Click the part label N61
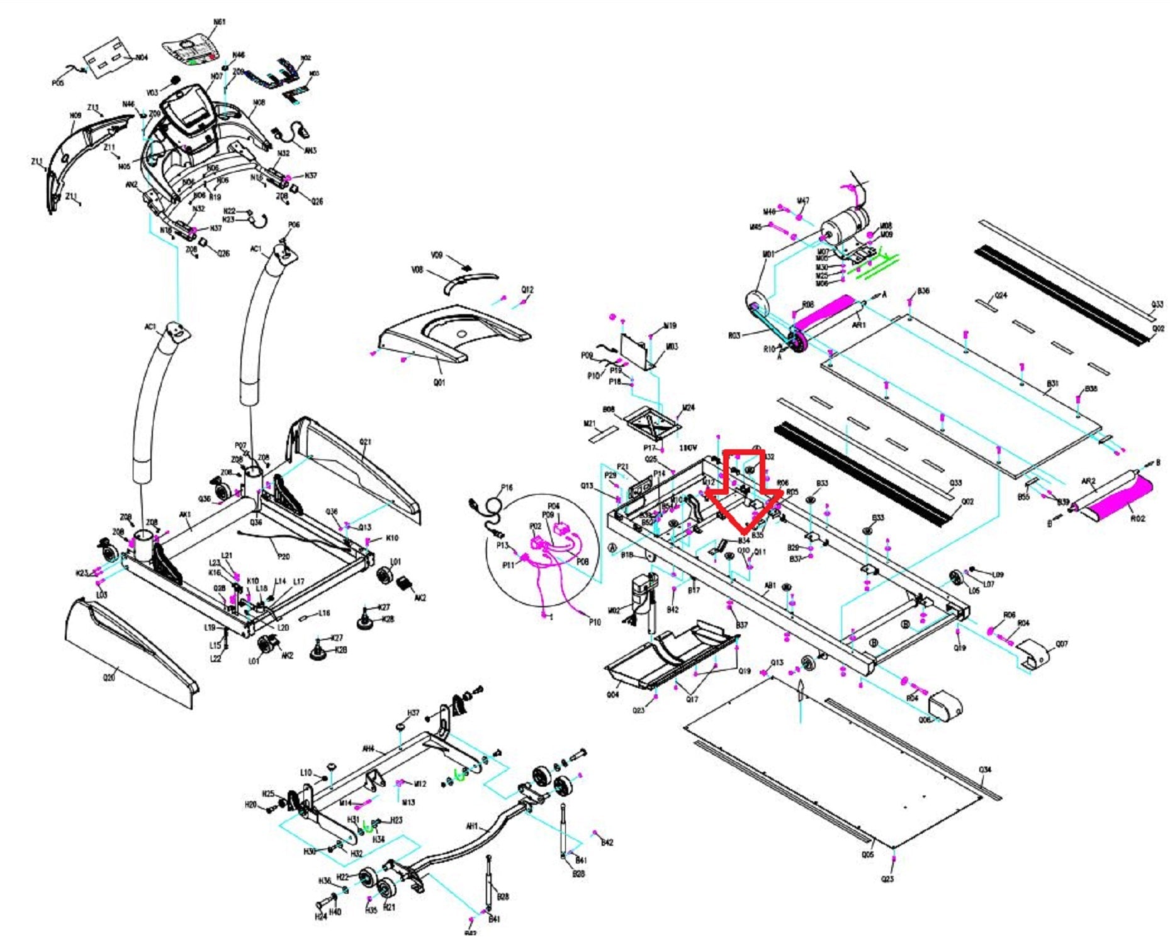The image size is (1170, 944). (x=218, y=22)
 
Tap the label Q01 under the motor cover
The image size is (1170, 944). (x=439, y=382)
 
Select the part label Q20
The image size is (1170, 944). (x=109, y=678)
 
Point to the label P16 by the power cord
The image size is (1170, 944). (x=507, y=488)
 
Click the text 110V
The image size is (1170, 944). (x=688, y=448)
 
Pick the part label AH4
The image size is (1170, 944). (x=368, y=749)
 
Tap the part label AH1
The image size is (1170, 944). (x=471, y=826)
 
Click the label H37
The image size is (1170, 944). (x=413, y=713)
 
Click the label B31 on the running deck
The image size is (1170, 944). (x=1052, y=383)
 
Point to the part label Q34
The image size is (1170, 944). (x=985, y=770)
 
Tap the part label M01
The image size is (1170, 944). (x=768, y=254)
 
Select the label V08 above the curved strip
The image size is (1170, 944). (x=417, y=270)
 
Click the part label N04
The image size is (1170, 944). (x=142, y=58)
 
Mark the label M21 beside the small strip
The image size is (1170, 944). (x=590, y=424)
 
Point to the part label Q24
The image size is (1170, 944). (x=1000, y=295)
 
